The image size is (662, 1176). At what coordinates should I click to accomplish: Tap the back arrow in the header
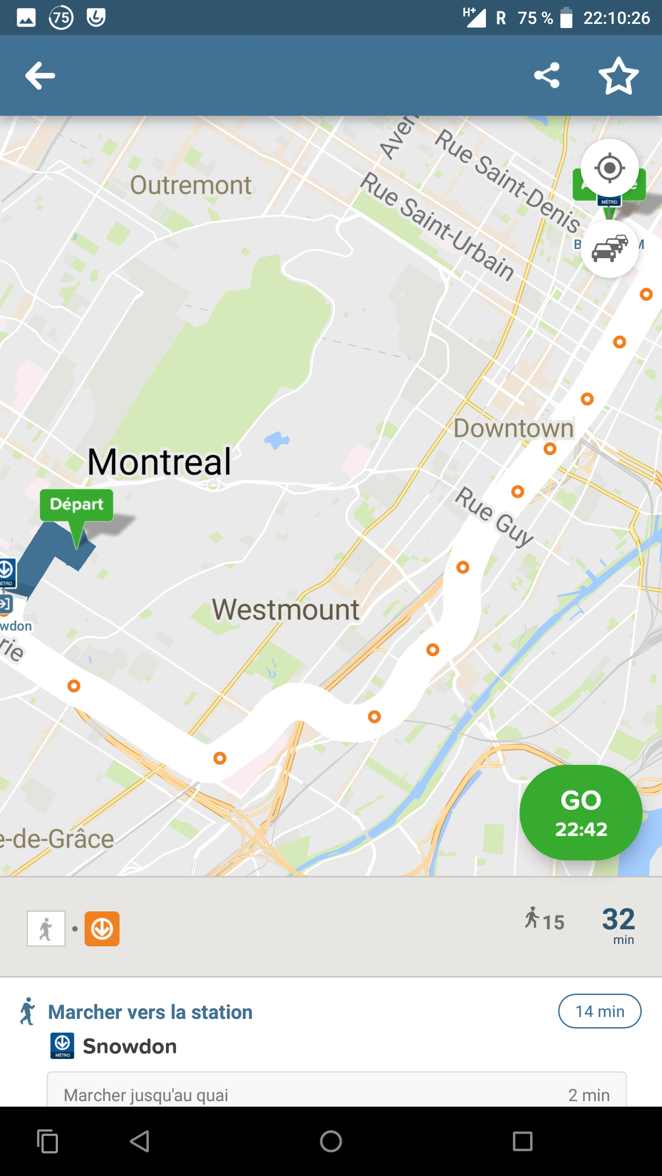click(40, 76)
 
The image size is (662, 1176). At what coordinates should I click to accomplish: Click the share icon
click(547, 75)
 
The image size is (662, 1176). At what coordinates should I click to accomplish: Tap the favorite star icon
click(619, 76)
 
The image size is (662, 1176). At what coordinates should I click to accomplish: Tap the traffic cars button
click(610, 249)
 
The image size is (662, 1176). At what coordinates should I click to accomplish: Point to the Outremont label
click(191, 185)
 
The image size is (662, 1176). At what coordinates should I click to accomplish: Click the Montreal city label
click(159, 462)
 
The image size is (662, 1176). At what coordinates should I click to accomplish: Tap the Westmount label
click(285, 610)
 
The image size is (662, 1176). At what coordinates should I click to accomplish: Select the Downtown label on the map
click(514, 429)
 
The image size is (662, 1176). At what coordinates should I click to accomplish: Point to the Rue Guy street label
click(494, 516)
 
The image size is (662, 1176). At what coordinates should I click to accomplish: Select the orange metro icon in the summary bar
click(102, 929)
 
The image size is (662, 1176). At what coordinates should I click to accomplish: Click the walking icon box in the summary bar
click(46, 929)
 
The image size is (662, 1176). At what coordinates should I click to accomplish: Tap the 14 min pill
click(599, 1011)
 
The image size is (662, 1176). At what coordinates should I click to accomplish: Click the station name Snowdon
click(130, 1046)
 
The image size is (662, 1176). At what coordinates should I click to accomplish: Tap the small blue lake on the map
click(277, 440)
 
